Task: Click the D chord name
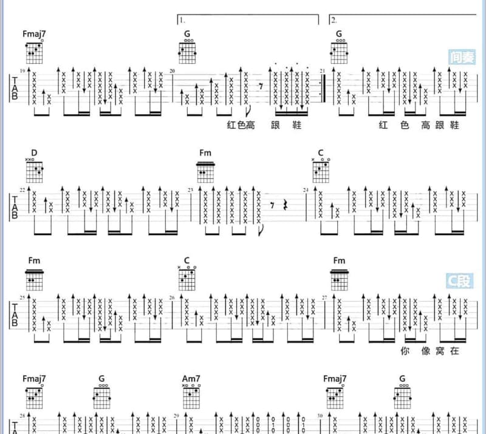coord(34,153)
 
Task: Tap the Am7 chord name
coord(191,379)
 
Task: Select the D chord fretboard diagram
coord(34,171)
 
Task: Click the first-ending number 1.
coord(182,21)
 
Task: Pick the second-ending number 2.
coord(334,21)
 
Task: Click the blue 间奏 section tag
coord(462,57)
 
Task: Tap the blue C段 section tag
coord(460,280)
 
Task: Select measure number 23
coord(190,190)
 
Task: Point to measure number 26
coord(172,297)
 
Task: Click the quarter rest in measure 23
coord(286,205)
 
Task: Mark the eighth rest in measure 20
coord(261,86)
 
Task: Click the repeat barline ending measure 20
coord(323,88)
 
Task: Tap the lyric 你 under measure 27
coord(405,351)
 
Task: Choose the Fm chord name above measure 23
coord(205,153)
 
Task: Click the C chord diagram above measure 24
coord(321,171)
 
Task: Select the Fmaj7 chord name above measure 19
coord(34,34)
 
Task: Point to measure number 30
coord(320,416)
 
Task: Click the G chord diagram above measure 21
coord(339,52)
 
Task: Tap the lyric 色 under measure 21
coord(405,125)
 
